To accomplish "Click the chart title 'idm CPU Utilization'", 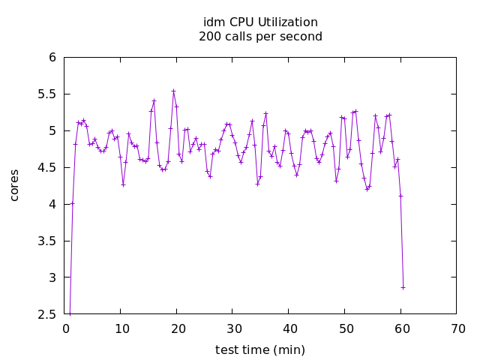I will point(260,22).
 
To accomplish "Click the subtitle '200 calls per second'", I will point(260,37).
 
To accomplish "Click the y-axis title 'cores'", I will point(14,185).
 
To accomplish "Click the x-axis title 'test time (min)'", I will point(260,349).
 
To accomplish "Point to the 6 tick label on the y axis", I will point(52,58).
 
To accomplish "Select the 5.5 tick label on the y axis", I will point(47,94).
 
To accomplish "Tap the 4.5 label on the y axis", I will point(47,167).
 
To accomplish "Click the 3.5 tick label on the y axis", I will point(47,241).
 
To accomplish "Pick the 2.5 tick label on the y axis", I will point(47,314).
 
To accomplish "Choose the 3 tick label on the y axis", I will point(52,277).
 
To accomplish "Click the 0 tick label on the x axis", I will point(66,328).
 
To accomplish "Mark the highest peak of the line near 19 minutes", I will point(173,91).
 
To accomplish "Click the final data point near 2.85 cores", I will point(403,287).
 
